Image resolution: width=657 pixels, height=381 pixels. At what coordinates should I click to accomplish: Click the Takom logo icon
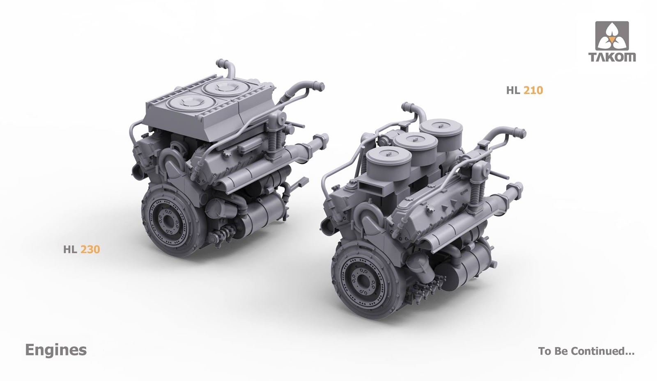point(612,36)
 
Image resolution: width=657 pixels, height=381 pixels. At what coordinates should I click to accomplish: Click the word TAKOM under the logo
point(612,57)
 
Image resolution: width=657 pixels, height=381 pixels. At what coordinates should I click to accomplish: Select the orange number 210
point(533,90)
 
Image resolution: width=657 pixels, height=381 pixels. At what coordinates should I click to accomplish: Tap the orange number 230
point(90,249)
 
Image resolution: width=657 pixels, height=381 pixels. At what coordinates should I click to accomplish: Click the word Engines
point(56,350)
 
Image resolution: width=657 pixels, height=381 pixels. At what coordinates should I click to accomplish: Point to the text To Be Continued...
point(586,351)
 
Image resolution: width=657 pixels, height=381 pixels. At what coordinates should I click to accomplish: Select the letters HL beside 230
point(70,249)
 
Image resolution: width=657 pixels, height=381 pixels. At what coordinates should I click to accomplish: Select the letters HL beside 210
point(513,90)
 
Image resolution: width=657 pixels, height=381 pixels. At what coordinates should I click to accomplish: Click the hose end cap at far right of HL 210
point(521,133)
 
